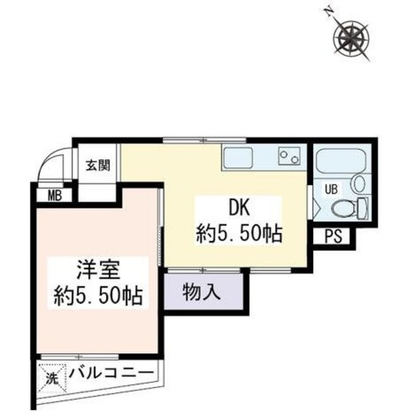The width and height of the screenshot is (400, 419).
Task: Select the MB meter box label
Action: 54,195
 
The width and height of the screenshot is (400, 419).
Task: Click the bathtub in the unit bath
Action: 341,160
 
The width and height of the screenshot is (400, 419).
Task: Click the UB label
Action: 331,190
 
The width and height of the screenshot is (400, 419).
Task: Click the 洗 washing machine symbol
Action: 52,378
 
